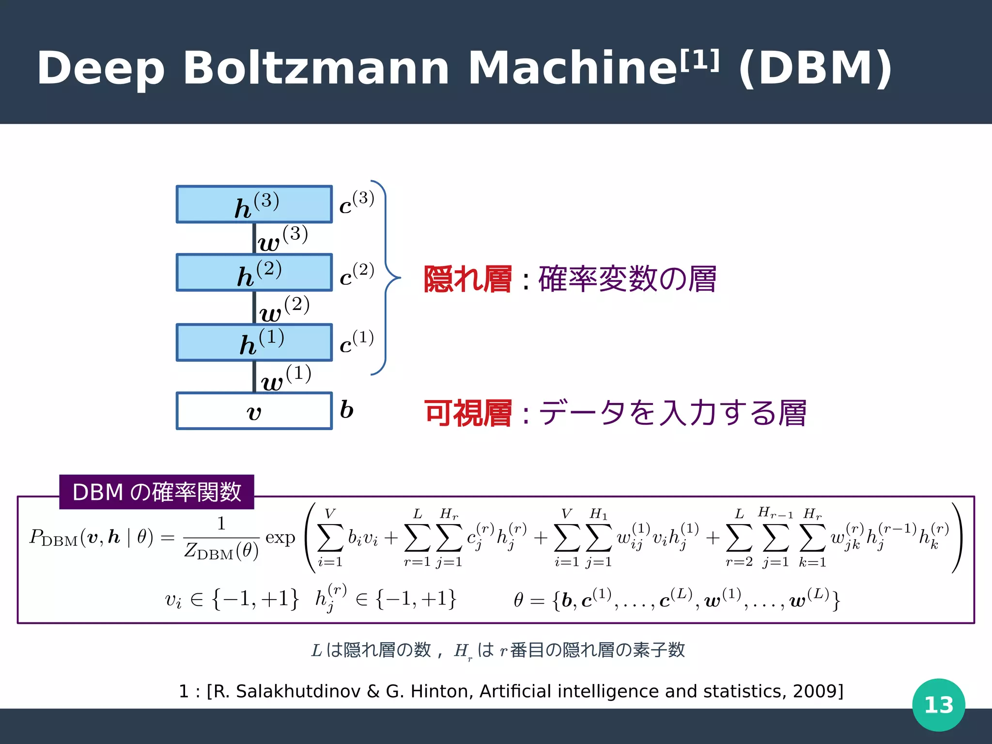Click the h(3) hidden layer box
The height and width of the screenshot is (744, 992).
coord(254,204)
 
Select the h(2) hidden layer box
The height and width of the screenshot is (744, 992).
coord(254,273)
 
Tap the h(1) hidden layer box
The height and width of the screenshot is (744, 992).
coord(254,342)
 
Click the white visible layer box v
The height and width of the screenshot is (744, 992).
coord(254,411)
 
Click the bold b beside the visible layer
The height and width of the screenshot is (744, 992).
coord(346,410)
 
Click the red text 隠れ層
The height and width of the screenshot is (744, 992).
coord(467,279)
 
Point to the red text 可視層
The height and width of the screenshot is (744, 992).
coord(467,413)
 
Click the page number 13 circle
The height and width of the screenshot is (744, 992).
coord(938,705)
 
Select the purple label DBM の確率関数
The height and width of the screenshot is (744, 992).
coord(156,492)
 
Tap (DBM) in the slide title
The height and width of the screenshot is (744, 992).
coord(815,68)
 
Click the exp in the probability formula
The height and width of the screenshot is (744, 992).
coord(280,538)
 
